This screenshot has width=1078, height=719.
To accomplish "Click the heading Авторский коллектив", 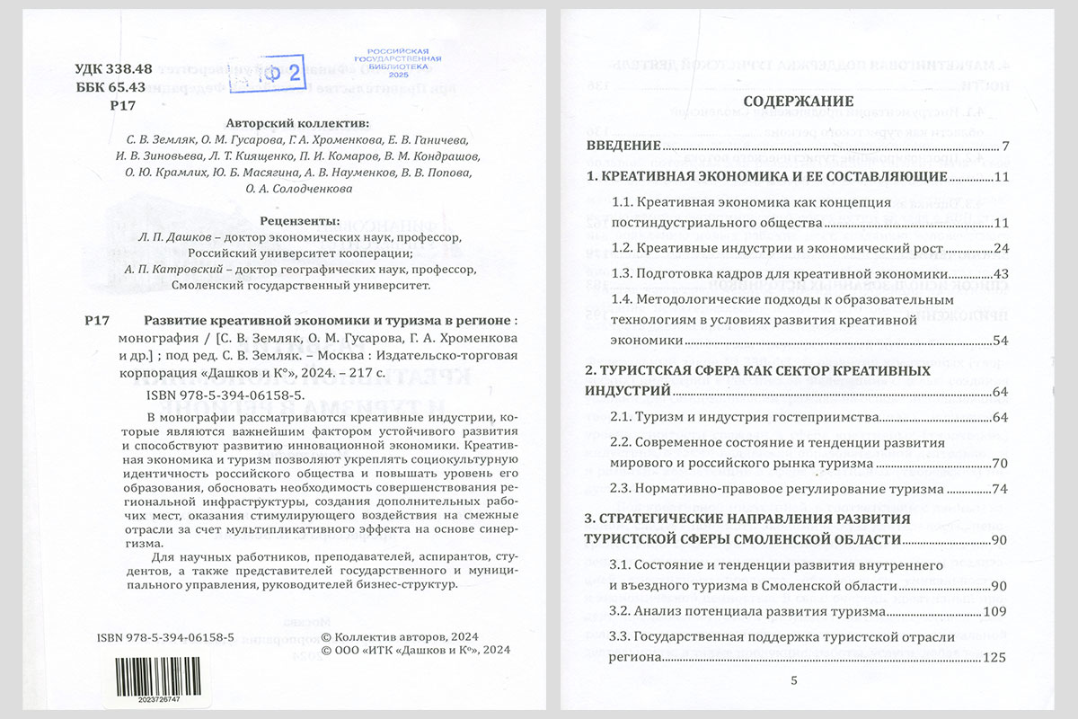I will click(x=297, y=123).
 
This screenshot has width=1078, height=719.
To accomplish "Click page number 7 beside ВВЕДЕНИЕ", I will click(x=1006, y=146).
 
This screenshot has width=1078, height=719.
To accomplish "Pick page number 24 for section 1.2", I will click(x=1003, y=248).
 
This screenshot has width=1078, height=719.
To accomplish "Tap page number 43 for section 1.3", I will click(x=1003, y=273).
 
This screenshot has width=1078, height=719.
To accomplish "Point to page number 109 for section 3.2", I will click(x=998, y=612).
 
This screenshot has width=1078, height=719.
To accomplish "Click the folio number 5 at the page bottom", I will click(x=793, y=680).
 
